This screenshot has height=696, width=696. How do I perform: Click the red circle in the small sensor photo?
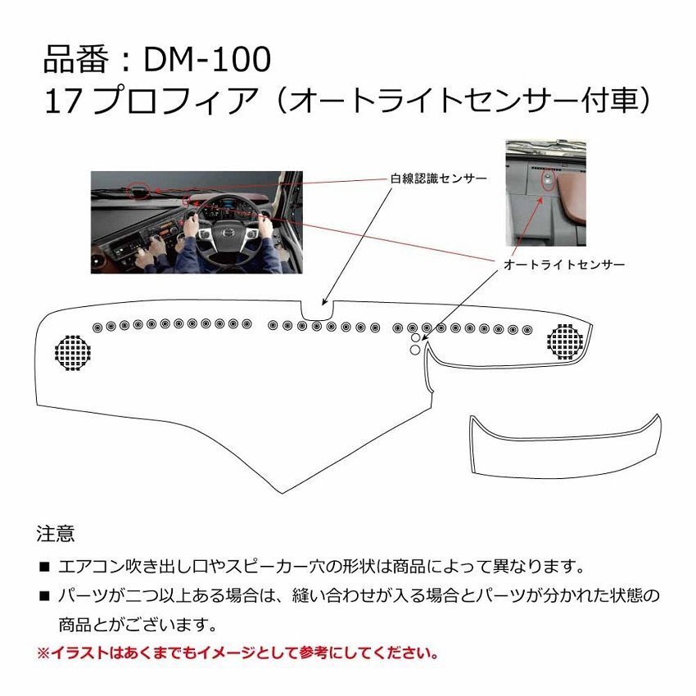(x=549, y=179)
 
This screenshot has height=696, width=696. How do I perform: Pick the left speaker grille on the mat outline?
(x=72, y=353)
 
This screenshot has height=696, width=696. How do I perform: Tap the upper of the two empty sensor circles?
(x=415, y=337)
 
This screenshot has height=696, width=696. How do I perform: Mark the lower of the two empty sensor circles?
(x=415, y=350)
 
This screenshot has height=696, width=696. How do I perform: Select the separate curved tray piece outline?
(x=565, y=446)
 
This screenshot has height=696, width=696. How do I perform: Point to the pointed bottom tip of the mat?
(x=282, y=491)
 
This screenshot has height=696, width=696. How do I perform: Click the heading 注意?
(x=56, y=535)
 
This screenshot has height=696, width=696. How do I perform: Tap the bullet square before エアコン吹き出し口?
(x=43, y=567)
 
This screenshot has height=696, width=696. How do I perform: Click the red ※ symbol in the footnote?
(x=43, y=653)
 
